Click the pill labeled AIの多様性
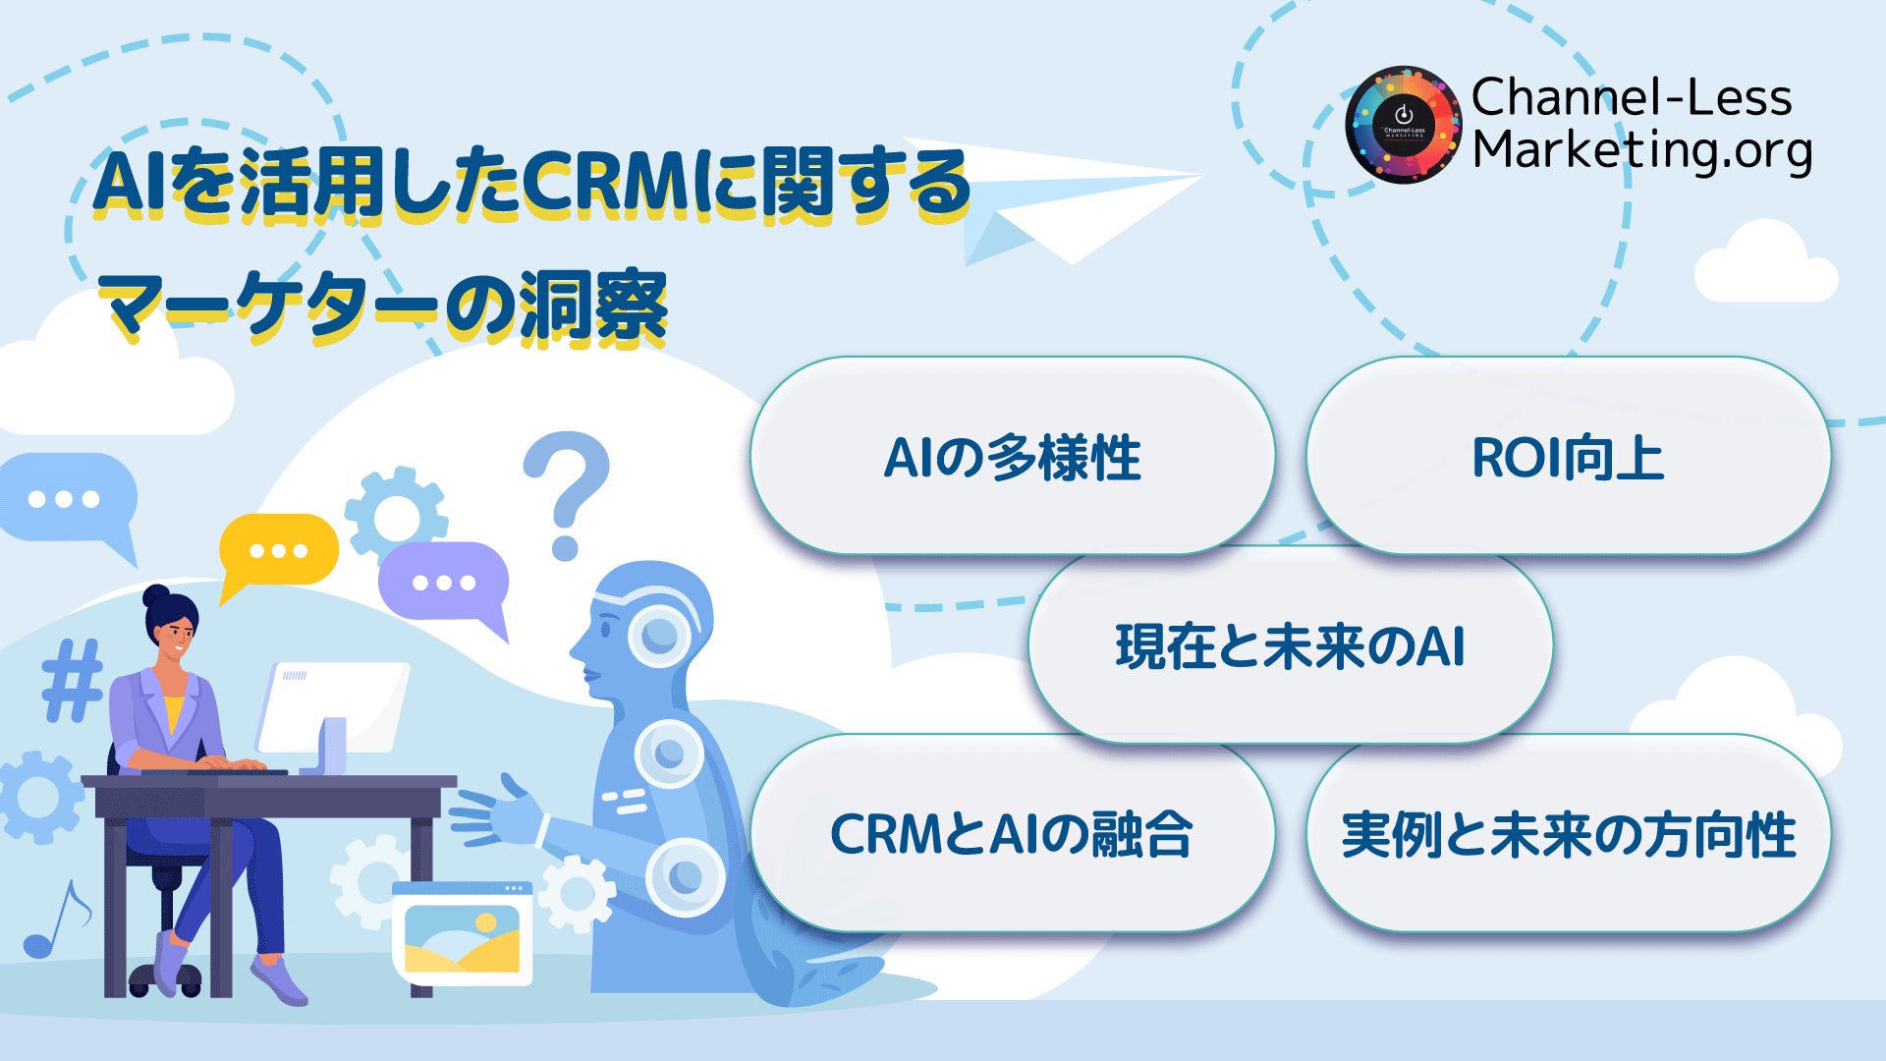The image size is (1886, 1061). coord(1012,457)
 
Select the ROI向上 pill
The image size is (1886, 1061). coord(1568,457)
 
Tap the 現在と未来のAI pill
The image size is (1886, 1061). coord(1290,645)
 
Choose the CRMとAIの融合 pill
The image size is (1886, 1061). coord(1012,834)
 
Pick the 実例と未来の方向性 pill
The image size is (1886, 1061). coord(1568,834)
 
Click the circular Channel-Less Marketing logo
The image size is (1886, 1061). coord(1403,125)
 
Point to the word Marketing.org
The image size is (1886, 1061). coord(1641,150)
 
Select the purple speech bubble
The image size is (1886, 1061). coord(444,582)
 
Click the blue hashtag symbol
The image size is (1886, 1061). coord(72,680)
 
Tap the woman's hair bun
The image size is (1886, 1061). coord(156,595)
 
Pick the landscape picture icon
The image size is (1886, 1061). coord(462,933)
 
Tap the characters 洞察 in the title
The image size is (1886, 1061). coord(594,307)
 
